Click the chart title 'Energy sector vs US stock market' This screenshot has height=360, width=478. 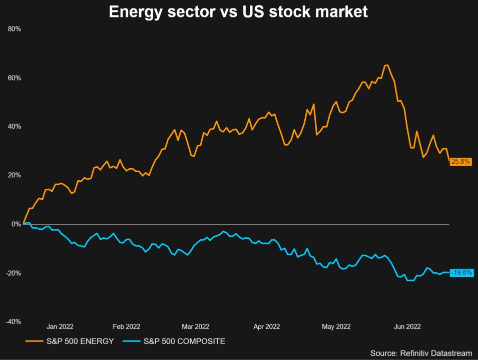238,12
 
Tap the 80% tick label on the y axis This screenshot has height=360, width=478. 15,29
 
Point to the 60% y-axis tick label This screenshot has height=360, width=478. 15,78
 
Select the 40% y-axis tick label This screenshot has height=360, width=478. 15,127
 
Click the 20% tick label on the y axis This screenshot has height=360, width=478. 15,175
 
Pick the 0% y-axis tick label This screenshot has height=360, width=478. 17,224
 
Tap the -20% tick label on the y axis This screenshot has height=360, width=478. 14,273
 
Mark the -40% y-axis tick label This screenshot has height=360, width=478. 14,321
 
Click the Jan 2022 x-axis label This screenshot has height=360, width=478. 60,326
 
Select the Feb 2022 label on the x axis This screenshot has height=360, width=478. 126,326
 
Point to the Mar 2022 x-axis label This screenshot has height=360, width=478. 195,326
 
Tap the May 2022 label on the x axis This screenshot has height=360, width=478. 335,326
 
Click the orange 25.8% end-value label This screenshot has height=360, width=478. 460,162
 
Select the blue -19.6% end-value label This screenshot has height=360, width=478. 461,273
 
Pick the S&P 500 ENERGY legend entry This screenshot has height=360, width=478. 71,341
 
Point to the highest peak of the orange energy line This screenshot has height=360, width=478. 386,65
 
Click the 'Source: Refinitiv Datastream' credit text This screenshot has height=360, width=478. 421,353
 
